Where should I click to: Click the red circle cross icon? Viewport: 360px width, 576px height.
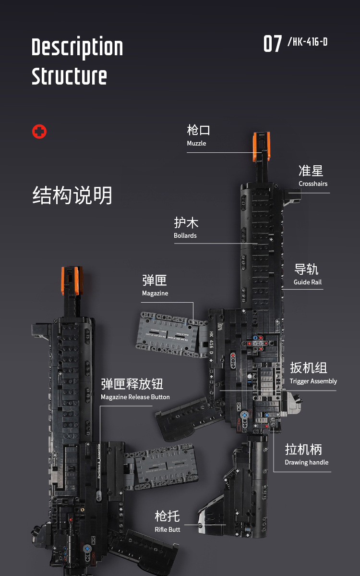(x=39, y=132)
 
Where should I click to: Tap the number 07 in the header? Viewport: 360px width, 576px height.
(x=273, y=44)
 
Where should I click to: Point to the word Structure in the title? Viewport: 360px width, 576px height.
(x=69, y=76)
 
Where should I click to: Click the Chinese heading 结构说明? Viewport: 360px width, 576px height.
(x=72, y=196)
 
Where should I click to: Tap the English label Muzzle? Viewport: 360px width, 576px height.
(x=196, y=143)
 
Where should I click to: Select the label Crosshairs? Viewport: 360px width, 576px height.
(x=313, y=184)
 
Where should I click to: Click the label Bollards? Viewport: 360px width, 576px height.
(x=185, y=235)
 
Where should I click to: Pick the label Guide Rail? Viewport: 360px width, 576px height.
(x=308, y=282)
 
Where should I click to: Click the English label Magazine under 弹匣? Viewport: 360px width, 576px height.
(x=155, y=293)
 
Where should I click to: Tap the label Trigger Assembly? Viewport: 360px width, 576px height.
(x=313, y=381)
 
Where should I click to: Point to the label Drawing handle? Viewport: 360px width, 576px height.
(x=307, y=462)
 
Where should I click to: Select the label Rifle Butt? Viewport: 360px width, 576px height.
(x=168, y=529)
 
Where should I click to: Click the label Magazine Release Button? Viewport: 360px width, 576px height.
(x=135, y=397)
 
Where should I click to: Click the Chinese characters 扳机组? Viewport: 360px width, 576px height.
(x=309, y=368)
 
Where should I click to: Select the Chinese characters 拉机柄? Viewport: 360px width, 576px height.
(x=303, y=449)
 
